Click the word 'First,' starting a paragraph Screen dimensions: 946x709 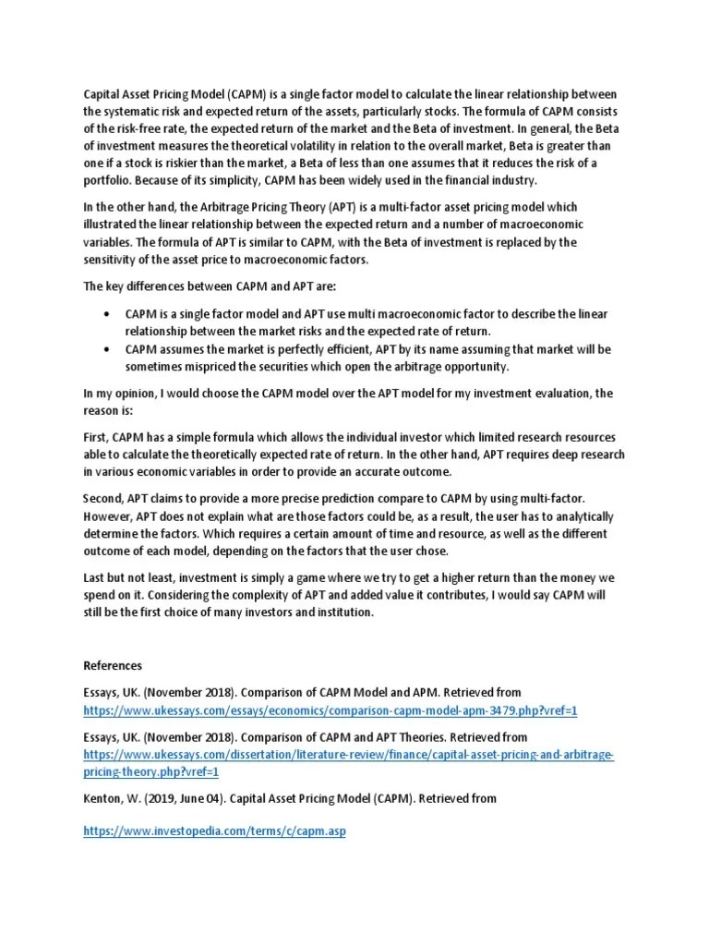tap(98, 436)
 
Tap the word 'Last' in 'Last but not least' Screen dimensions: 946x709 tap(96, 579)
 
